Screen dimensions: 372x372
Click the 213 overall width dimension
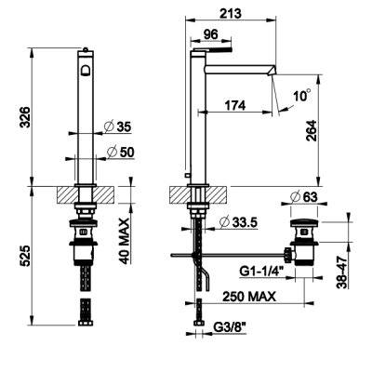pos(231,14)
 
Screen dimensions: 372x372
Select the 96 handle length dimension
pos(211,34)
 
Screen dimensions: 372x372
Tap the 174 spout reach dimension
pos(235,106)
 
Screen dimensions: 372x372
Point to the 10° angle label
pos(302,95)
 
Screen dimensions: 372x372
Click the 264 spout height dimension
pos(311,130)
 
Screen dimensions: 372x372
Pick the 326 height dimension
pos(25,117)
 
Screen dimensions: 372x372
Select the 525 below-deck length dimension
pos(25,256)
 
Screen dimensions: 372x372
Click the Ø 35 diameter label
pos(118,126)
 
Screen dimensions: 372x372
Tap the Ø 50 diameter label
pos(120,152)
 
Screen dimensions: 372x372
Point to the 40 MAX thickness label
pos(124,241)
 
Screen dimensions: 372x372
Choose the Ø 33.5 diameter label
pos(238,222)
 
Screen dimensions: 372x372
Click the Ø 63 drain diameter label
pos(304,196)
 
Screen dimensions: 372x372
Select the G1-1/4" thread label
pos(262,272)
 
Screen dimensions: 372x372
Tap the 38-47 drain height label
pos(342,272)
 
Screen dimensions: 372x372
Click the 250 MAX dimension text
pos(249,297)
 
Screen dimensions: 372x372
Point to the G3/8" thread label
pos(230,326)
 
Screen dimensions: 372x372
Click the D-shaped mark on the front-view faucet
pos(86,70)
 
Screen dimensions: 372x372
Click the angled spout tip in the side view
pos(272,71)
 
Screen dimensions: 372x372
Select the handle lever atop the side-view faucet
pos(213,49)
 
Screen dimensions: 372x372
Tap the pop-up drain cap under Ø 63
pos(304,222)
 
